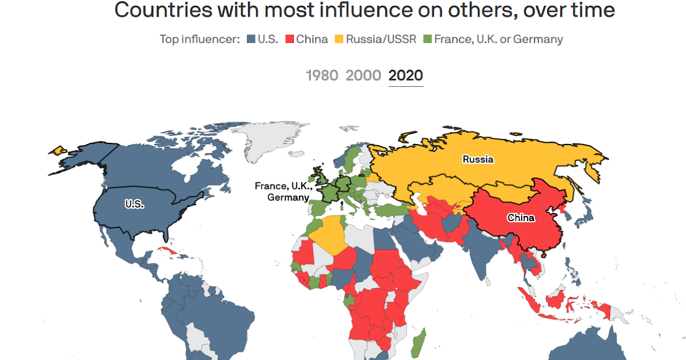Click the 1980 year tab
(x=322, y=75)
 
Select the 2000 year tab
(x=363, y=75)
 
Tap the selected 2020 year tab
(x=406, y=75)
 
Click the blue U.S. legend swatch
(x=250, y=39)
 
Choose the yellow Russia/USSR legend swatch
(x=339, y=39)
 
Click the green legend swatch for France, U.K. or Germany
(x=427, y=39)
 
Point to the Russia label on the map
(x=478, y=159)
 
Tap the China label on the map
(x=521, y=218)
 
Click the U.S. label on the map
(x=134, y=203)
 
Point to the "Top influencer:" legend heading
(x=200, y=39)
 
